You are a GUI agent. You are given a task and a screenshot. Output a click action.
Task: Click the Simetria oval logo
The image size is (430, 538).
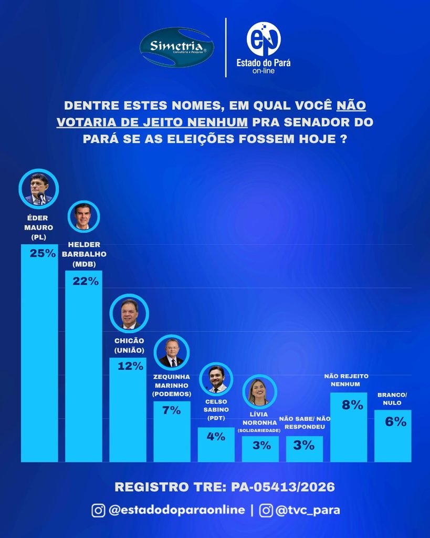point(177,47)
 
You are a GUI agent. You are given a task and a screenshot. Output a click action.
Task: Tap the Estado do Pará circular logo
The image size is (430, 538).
point(264,39)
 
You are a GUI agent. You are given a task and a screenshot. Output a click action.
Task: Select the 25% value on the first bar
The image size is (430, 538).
point(43,253)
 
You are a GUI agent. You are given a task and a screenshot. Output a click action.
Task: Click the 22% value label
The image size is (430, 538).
point(86,281)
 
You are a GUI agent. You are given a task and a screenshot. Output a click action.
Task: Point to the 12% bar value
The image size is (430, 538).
point(130,366)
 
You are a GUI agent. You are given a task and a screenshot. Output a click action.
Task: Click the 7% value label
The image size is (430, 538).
point(172,410)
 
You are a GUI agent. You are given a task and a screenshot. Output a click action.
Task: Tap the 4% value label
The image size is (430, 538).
point(216,437)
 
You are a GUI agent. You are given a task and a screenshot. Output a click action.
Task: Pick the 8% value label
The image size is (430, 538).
point(352,405)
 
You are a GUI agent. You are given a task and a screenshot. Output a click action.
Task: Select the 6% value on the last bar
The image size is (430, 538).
point(396,422)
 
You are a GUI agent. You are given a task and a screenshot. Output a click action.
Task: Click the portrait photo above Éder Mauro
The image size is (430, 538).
point(39,189)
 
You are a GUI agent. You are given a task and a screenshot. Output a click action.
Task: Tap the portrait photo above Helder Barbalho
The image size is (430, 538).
point(83,217)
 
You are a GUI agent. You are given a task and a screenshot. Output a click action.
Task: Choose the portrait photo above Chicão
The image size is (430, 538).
point(129,314)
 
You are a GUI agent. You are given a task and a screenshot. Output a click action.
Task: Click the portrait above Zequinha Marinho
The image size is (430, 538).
point(172,353)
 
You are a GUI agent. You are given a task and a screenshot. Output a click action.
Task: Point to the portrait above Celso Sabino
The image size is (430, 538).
point(216,379)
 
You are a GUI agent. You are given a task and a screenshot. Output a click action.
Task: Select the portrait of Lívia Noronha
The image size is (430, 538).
point(259,391)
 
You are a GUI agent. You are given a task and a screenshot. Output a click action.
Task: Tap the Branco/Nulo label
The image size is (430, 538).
point(392,399)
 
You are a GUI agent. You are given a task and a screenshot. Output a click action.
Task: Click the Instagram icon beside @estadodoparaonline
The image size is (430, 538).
point(98,510)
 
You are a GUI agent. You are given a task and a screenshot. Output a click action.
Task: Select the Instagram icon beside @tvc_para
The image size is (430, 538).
point(266,510)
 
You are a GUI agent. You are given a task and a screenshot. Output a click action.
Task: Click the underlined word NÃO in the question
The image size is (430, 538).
point(351,105)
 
